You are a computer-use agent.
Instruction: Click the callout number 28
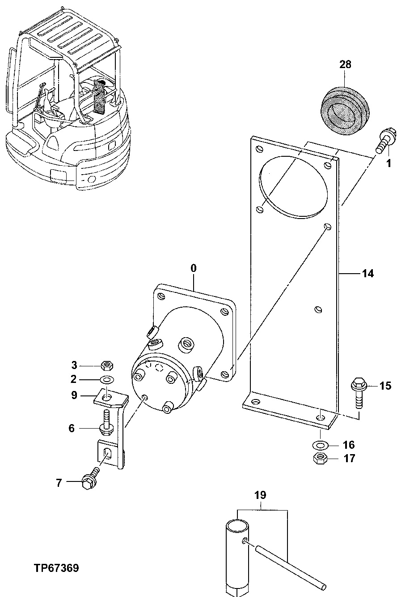coord(345,64)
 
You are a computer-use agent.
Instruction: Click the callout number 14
coord(368,273)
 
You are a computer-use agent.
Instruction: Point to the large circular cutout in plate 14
coord(293,188)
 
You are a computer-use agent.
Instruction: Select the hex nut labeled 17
coord(320,459)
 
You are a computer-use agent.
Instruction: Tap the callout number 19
coord(260,495)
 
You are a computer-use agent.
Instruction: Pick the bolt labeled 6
coord(106,423)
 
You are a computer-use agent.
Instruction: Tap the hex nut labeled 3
coord(107,365)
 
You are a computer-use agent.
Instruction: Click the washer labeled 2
coord(107,380)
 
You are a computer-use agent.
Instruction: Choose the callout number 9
coord(74,395)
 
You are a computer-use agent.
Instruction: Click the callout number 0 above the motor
coord(193,268)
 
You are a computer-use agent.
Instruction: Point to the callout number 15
coord(385,386)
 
